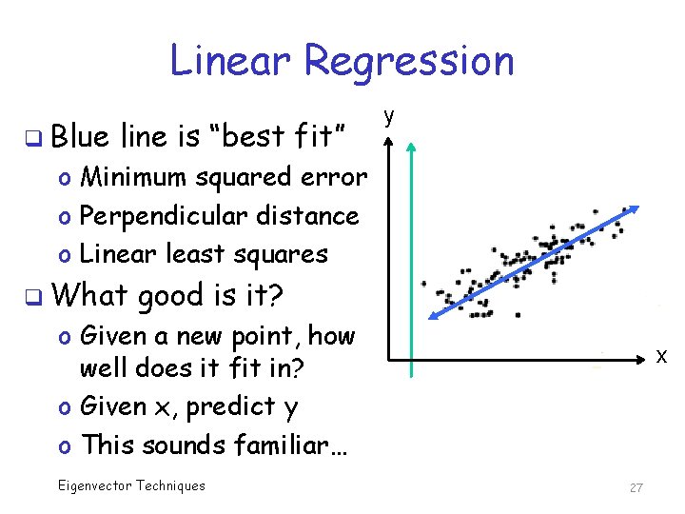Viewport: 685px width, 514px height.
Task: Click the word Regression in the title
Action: coord(409,62)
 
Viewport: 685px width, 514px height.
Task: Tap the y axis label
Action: coord(388,116)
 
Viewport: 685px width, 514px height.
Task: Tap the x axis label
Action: coord(661,355)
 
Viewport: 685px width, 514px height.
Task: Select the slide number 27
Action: coord(636,487)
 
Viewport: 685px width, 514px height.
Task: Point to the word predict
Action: coord(230,406)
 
